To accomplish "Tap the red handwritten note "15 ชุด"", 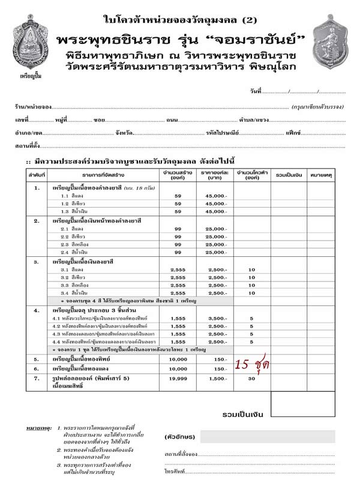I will [x=252, y=365].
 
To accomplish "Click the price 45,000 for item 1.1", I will [x=217, y=196].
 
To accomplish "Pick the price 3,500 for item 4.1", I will [x=217, y=318].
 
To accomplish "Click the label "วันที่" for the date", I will [x=256, y=91].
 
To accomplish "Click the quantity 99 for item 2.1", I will [x=178, y=229].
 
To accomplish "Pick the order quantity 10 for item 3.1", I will [x=251, y=270].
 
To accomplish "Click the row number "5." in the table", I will [x=37, y=359].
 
